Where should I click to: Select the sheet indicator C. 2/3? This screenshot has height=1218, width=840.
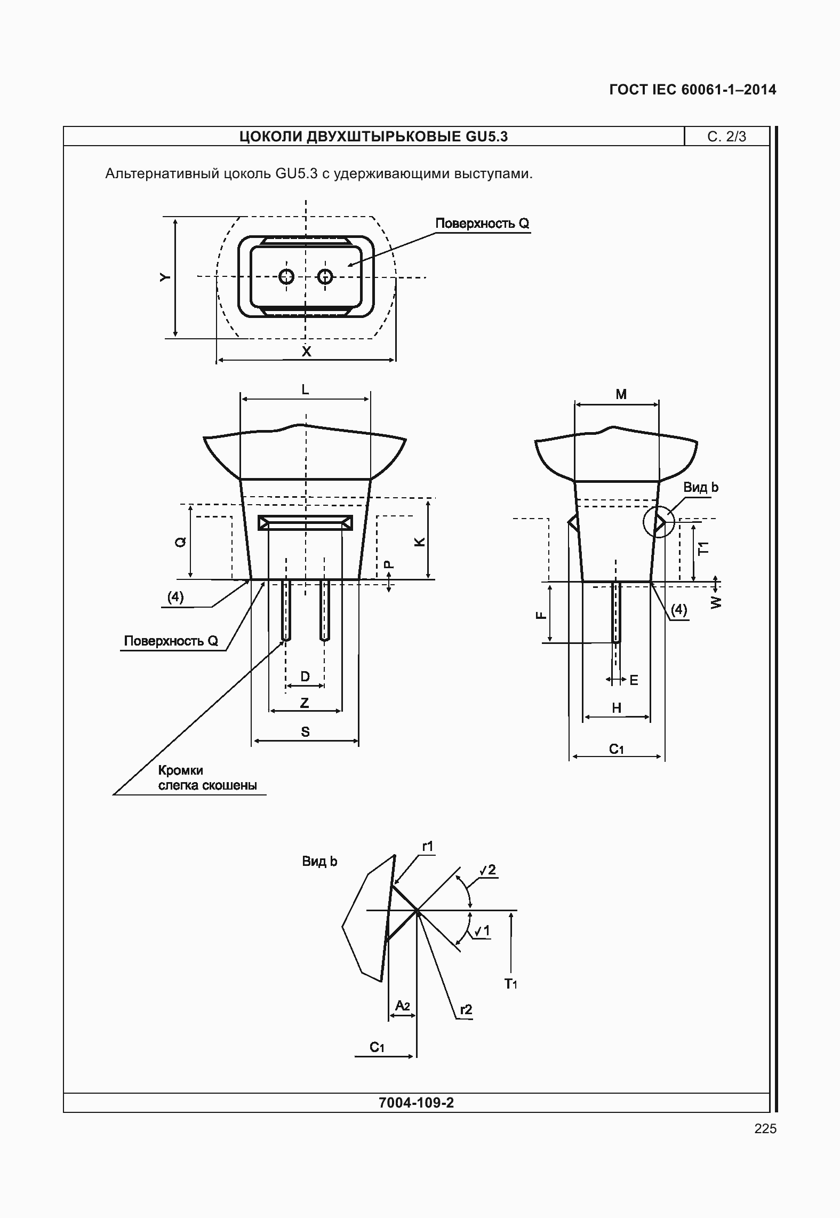[x=726, y=137]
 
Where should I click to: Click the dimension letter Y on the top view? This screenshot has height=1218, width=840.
[x=166, y=277]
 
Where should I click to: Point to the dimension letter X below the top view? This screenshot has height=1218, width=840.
[x=306, y=352]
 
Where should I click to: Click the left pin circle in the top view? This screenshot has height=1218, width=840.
[x=287, y=276]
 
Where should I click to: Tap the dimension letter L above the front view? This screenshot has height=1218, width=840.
[x=305, y=390]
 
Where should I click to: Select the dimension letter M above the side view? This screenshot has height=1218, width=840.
[x=621, y=394]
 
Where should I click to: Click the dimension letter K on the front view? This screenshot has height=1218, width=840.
[x=420, y=542]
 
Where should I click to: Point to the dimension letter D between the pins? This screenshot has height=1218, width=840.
[x=305, y=676]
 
